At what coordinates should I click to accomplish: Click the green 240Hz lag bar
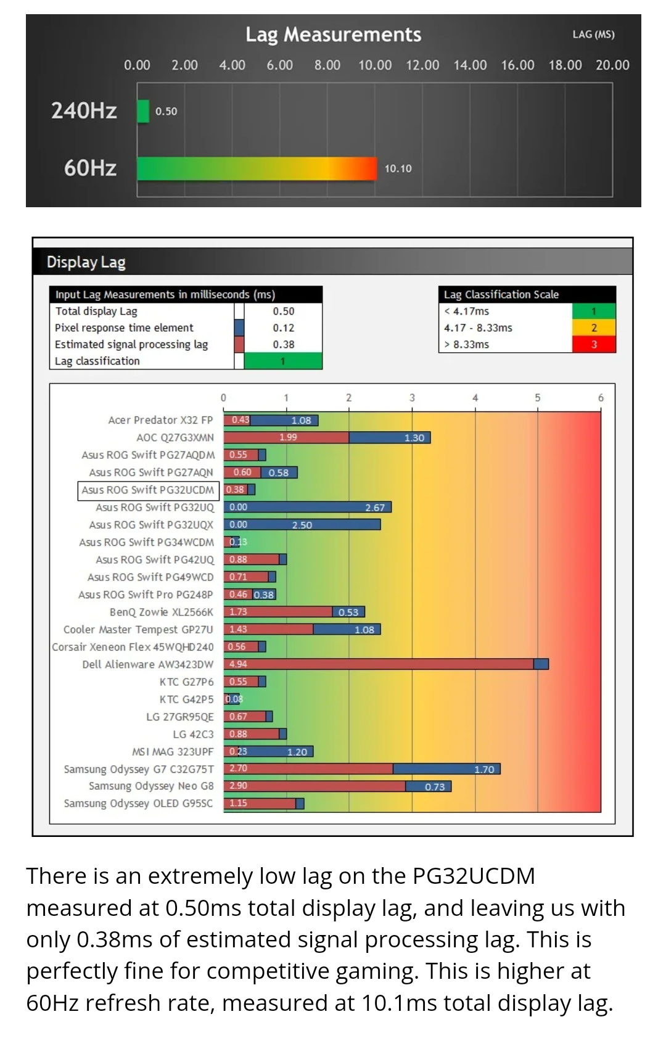[x=143, y=111]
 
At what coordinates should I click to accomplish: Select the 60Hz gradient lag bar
[x=257, y=168]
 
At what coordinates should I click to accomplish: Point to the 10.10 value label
[x=398, y=168]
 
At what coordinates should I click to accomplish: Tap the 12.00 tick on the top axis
[x=422, y=65]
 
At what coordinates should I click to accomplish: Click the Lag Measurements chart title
[x=333, y=35]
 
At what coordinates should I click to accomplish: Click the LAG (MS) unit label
[x=594, y=35]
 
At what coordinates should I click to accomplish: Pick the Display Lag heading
[x=86, y=262]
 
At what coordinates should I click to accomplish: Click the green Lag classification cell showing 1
[x=282, y=361]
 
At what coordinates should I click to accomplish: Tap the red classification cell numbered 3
[x=594, y=344]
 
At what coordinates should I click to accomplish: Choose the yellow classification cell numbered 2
[x=594, y=327]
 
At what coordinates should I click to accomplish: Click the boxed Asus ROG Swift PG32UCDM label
[x=148, y=490]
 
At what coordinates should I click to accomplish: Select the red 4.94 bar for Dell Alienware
[x=379, y=664]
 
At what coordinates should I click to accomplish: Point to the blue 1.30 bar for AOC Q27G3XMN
[x=390, y=437]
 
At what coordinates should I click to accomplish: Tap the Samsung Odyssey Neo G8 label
[x=151, y=786]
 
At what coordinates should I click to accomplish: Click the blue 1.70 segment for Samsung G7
[x=447, y=768]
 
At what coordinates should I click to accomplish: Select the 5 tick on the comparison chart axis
[x=538, y=398]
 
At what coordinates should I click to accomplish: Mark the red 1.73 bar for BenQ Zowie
[x=278, y=612]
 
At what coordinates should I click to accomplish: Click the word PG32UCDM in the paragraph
[x=474, y=876]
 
